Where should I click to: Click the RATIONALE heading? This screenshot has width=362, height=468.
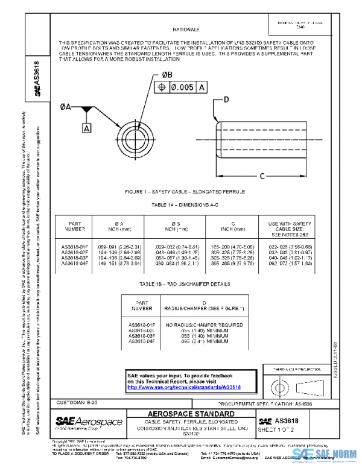point(186,29)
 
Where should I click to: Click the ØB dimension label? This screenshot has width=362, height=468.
point(168,74)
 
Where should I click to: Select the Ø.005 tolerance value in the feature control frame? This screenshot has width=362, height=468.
point(181,87)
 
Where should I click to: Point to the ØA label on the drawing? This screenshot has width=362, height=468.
point(66,106)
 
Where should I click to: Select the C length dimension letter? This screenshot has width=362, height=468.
point(262,176)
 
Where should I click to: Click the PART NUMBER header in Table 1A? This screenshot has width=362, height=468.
point(75,226)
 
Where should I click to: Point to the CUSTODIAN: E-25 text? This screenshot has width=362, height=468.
point(76,402)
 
